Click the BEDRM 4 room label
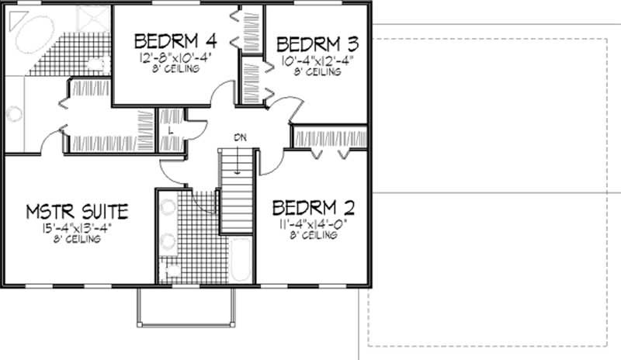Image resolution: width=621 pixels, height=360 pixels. (176, 41)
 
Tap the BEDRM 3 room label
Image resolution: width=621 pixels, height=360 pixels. (317, 44)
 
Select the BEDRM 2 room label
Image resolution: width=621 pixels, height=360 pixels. (314, 208)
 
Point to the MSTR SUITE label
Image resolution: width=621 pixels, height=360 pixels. (77, 212)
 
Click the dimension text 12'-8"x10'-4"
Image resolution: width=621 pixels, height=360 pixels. (174, 58)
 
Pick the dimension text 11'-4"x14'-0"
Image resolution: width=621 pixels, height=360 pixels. (313, 224)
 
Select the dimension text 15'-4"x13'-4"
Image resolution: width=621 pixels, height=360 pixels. (77, 229)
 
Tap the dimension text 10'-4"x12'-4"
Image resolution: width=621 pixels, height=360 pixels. (317, 61)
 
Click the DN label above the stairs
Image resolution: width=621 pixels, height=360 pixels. (240, 137)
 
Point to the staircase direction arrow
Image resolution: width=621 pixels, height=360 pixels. (238, 160)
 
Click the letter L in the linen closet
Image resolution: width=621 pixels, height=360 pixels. (171, 130)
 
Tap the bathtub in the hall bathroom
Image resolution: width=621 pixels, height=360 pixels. (241, 259)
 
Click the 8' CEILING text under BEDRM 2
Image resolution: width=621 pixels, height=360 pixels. (314, 235)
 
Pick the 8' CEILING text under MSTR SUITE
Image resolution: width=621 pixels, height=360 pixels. (77, 239)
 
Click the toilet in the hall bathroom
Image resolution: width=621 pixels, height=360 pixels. (168, 270)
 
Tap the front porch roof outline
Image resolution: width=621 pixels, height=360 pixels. (186, 325)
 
